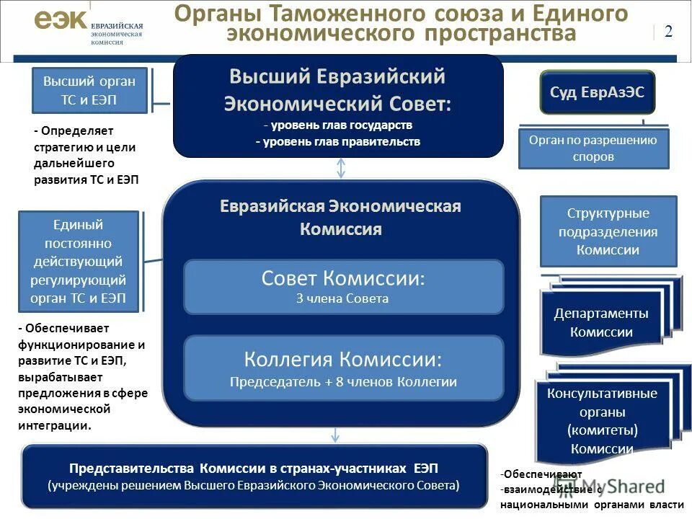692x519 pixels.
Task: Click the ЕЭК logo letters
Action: tap(61, 19)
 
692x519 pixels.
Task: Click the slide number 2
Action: tap(668, 31)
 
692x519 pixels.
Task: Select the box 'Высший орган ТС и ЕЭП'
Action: tap(89, 91)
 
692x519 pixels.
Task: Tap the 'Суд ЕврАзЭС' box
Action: tap(597, 92)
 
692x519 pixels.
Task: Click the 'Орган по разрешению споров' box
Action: tap(593, 148)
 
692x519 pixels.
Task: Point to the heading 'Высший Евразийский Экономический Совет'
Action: tap(337, 89)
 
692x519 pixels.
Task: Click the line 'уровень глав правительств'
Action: tap(337, 142)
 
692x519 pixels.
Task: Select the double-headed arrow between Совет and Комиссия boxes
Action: tap(342, 168)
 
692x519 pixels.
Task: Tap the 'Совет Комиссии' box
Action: tap(343, 286)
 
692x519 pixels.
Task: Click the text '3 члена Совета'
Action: tap(342, 298)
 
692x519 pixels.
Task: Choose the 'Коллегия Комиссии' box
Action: tap(343, 368)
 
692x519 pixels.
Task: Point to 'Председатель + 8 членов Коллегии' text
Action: tap(343, 382)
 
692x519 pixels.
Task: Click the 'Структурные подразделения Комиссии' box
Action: tap(608, 231)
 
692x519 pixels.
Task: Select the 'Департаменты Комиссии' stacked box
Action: tap(601, 322)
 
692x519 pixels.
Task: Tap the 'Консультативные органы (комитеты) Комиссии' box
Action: tap(602, 421)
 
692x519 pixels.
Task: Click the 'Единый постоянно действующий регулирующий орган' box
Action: tap(78, 261)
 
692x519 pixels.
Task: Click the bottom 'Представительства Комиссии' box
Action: tap(254, 476)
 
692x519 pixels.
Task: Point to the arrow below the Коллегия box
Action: tap(335, 435)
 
